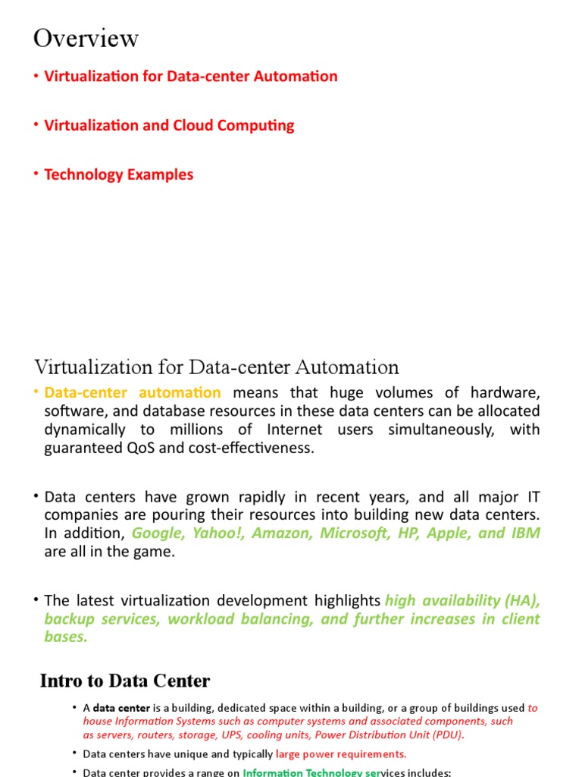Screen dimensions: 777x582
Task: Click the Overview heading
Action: point(86,38)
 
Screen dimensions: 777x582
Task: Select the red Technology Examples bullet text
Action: point(118,175)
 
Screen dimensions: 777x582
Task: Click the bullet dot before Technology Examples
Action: point(36,174)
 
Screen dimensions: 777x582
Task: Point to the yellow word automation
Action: point(180,393)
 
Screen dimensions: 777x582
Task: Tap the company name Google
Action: point(156,533)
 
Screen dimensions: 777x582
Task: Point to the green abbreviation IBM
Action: point(524,533)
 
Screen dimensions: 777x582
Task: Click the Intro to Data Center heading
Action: point(125,681)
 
